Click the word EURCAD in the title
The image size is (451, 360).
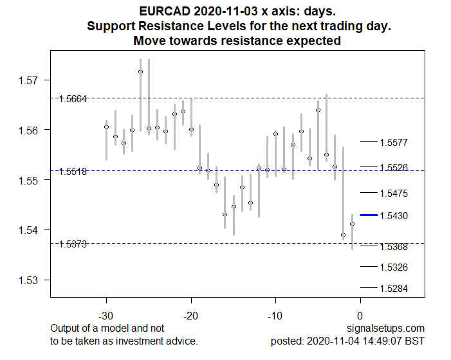pyautogui.click(x=161, y=11)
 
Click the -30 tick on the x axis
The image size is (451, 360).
pyautogui.click(x=106, y=316)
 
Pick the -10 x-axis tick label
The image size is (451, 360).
pyautogui.click(x=275, y=316)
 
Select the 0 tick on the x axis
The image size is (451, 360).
pyautogui.click(x=360, y=316)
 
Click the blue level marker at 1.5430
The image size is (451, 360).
pyautogui.click(x=369, y=215)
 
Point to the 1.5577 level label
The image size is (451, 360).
pyautogui.click(x=393, y=143)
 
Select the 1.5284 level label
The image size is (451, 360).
pyautogui.click(x=393, y=289)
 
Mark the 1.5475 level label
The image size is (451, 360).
pyautogui.click(x=393, y=194)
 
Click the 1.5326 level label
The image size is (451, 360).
pyautogui.click(x=393, y=267)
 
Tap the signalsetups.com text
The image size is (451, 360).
pyautogui.click(x=392, y=328)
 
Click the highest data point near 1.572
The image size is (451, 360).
pyautogui.click(x=140, y=71)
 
